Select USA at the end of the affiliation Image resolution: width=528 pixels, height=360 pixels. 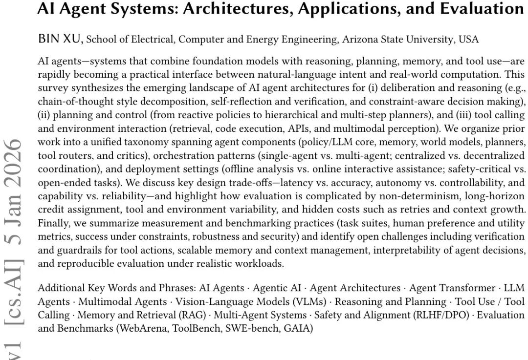click(468, 40)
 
